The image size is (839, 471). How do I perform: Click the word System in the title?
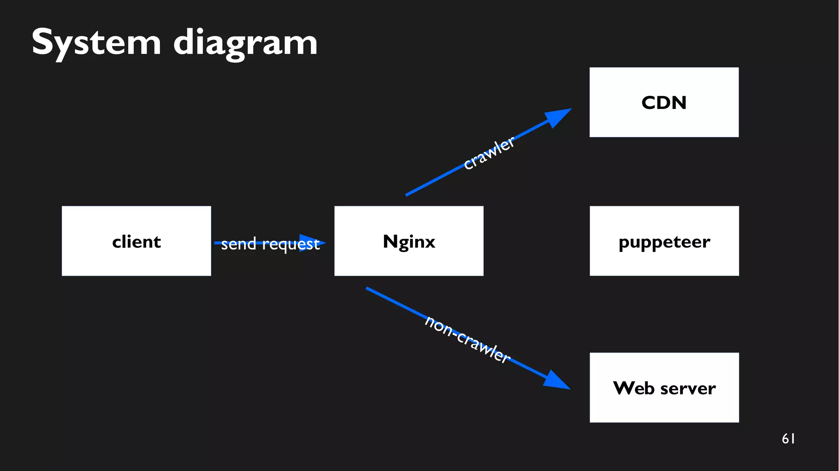(96, 43)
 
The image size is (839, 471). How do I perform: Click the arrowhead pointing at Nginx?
(311, 243)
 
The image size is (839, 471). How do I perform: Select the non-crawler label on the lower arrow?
(467, 339)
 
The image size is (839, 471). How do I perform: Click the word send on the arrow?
(238, 244)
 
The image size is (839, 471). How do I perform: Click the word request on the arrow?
(290, 245)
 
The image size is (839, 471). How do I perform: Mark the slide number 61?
(788, 439)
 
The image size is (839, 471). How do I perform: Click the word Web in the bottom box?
(633, 388)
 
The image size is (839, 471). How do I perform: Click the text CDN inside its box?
(664, 102)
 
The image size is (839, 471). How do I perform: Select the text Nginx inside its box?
(408, 242)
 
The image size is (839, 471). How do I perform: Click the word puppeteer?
(664, 242)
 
